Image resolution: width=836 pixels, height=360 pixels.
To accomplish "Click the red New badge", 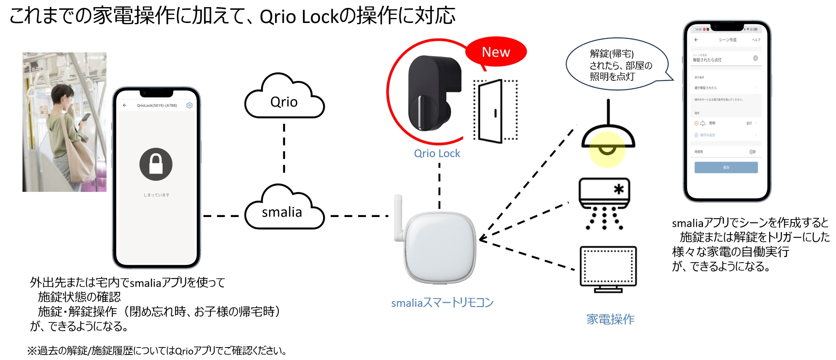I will tap(496, 52).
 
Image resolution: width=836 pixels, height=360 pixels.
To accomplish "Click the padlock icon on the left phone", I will tap(156, 164).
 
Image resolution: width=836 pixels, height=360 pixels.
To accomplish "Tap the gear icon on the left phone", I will tap(189, 105).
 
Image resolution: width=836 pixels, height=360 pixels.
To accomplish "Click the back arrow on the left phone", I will tap(125, 105).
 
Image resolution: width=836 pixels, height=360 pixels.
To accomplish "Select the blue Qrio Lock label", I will tap(437, 153).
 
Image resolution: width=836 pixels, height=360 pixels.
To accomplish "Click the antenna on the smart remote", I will tap(398, 217).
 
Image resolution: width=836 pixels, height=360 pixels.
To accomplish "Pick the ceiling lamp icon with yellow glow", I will tap(608, 138).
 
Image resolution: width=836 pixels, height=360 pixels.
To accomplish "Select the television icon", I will tap(608, 268).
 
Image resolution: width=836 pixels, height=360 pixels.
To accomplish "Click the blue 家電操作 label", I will tap(610, 319).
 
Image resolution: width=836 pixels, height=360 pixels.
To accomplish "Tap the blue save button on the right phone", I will tap(726, 167).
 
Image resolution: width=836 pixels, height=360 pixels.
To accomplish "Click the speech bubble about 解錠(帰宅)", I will tap(617, 65).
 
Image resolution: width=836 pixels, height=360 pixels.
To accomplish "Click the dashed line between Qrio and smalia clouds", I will tap(284, 148).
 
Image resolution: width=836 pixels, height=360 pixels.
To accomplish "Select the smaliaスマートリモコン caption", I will tap(442, 303).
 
